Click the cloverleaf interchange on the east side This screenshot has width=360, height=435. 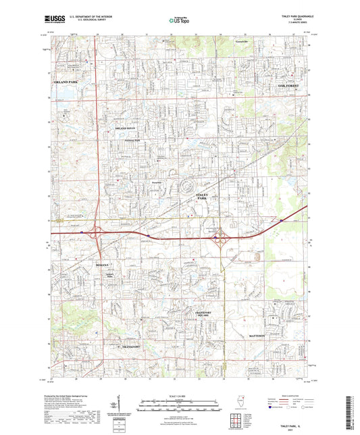(221, 238)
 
